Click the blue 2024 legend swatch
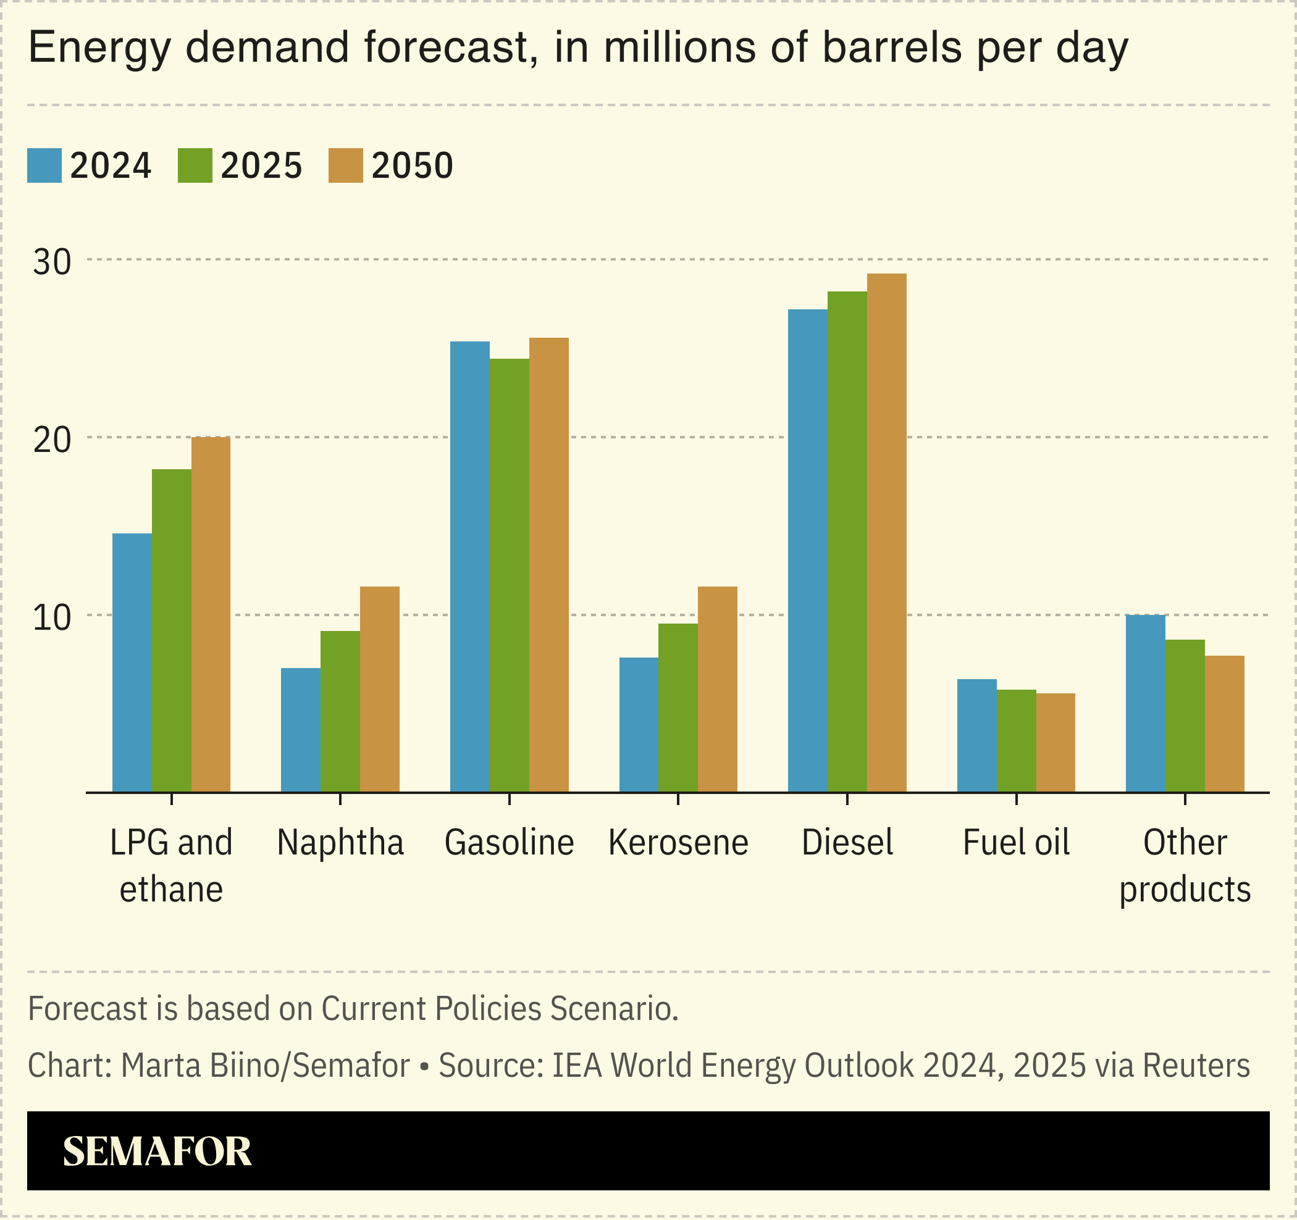(44, 165)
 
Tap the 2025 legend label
(261, 165)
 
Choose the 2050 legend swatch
(346, 165)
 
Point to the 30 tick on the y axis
(52, 262)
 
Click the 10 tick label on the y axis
(52, 617)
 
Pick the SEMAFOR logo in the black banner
(157, 1151)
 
